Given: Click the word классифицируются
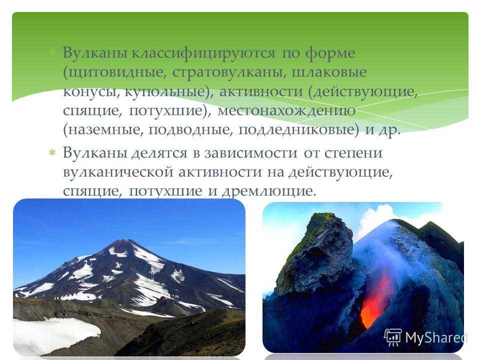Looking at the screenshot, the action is point(203,53).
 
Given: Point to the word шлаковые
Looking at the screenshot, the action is point(329,72).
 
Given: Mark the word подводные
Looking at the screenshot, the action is point(189,130).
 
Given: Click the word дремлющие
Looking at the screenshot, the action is point(268,191).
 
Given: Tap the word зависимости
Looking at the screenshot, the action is point(250,153).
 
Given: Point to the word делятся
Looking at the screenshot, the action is point(159,153).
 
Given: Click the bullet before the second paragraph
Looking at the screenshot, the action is point(52,152).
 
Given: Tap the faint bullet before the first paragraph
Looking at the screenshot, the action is point(52,52).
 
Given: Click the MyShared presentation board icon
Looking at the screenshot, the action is point(393,337).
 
